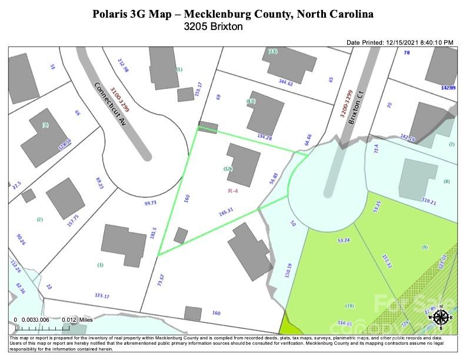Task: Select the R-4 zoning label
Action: coord(234,190)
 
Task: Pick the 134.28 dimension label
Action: coord(265,137)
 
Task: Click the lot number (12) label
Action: coord(228,169)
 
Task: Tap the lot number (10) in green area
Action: coord(349,306)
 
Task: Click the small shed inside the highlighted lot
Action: coord(181,236)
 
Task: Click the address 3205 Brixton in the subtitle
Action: coord(213,26)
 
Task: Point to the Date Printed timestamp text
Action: coord(400,42)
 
